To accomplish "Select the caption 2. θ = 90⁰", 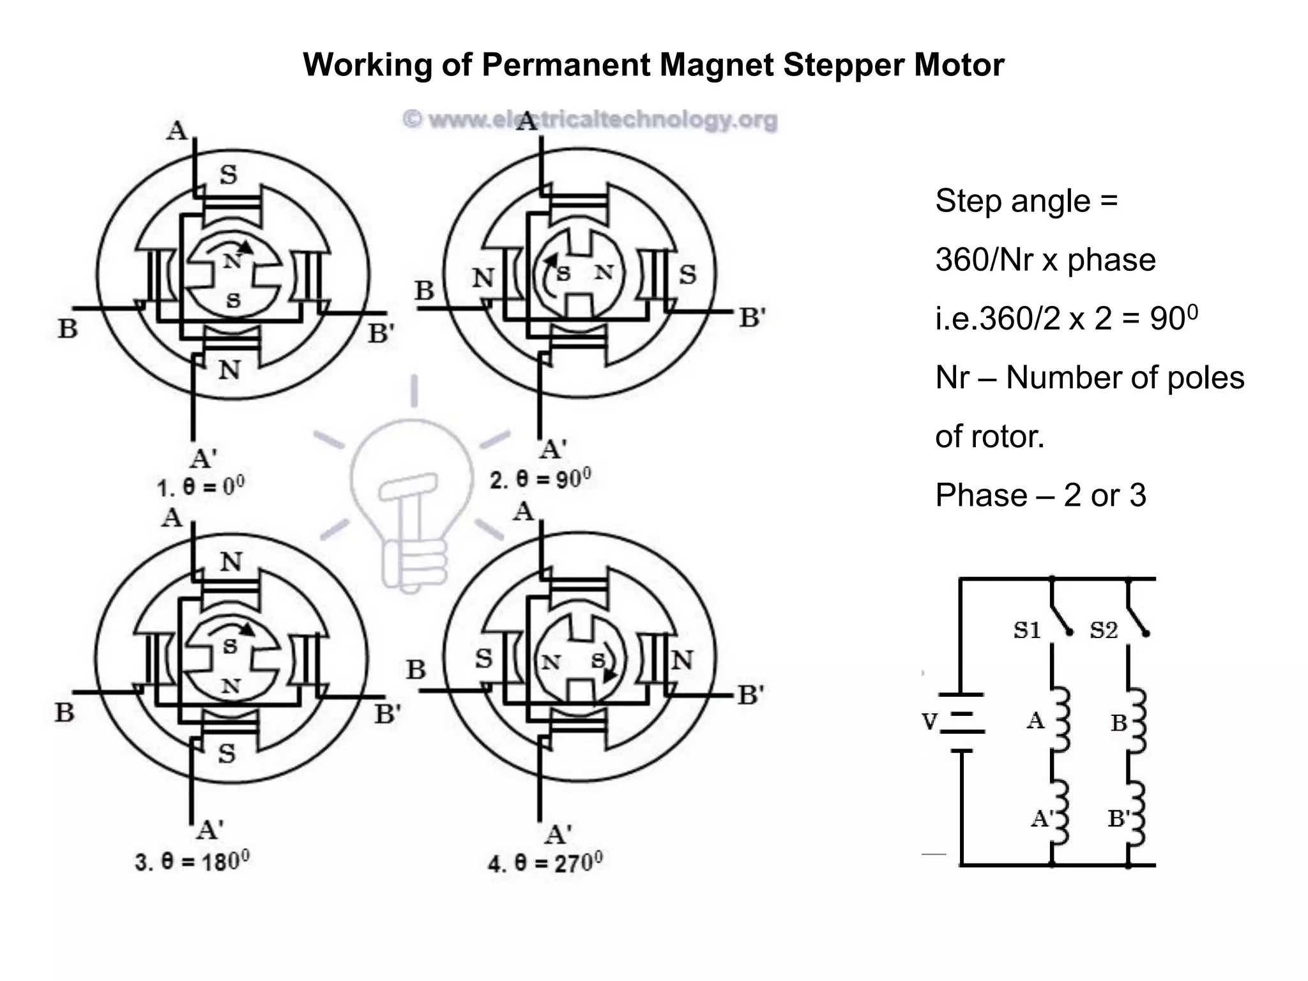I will click(540, 479).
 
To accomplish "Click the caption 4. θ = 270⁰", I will click(545, 863).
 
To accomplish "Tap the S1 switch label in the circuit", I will click(1027, 630).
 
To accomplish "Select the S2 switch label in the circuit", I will click(1104, 630).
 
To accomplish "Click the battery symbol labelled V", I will click(961, 722).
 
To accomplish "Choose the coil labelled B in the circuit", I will click(1137, 720).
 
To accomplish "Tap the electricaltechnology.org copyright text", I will click(589, 120).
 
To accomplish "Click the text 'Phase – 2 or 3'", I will click(1040, 495).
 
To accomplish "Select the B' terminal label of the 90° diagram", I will click(752, 317).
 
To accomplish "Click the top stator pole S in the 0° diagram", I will click(228, 174).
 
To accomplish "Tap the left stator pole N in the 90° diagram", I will click(483, 278).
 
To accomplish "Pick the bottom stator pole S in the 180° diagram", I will click(227, 754).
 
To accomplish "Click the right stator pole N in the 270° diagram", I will click(682, 660).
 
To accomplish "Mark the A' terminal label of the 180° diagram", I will click(209, 830).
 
